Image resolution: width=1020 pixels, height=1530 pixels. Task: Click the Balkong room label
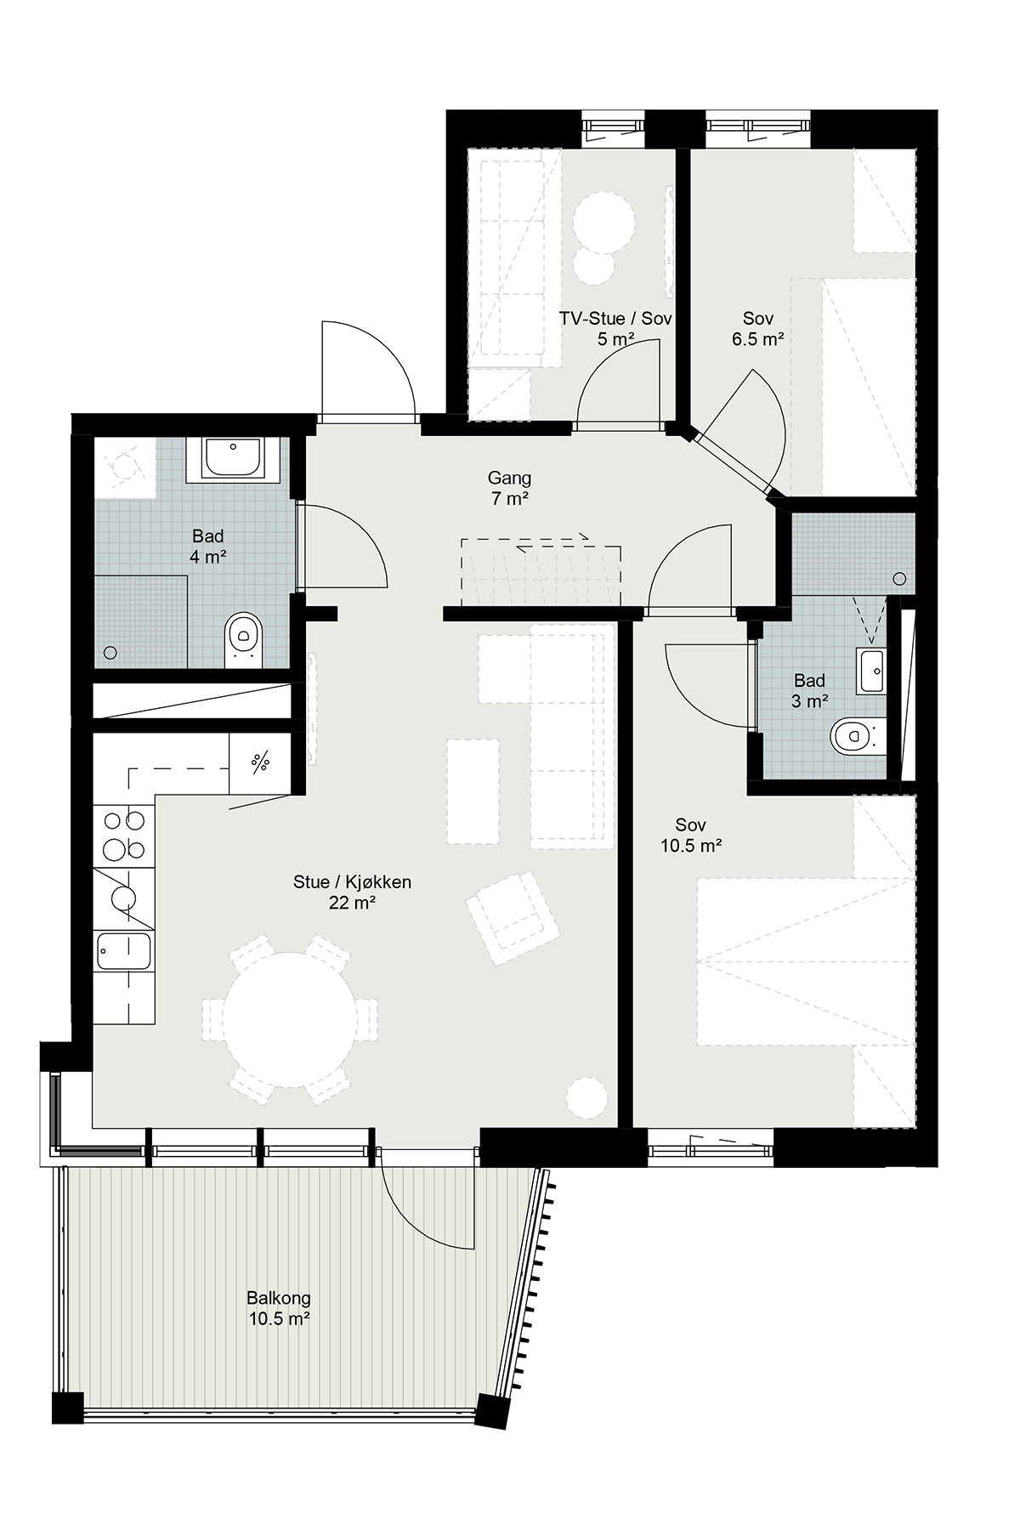(279, 1298)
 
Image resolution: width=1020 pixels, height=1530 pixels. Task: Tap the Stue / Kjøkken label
(352, 882)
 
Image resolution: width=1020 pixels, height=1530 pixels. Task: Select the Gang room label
(509, 478)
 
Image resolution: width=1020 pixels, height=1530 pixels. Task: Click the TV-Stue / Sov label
(615, 319)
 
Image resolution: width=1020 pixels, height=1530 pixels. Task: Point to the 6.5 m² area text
(757, 339)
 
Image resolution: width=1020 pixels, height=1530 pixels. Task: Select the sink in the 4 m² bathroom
(232, 459)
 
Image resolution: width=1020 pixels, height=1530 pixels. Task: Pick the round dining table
(290, 1020)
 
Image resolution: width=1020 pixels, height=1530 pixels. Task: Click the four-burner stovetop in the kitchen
(124, 835)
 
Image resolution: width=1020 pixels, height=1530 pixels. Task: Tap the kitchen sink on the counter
(124, 950)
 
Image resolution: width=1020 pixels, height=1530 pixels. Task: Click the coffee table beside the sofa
(473, 790)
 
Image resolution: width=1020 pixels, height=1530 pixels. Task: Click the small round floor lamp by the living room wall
(586, 1096)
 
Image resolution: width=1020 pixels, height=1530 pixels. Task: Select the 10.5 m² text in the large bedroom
(691, 845)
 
